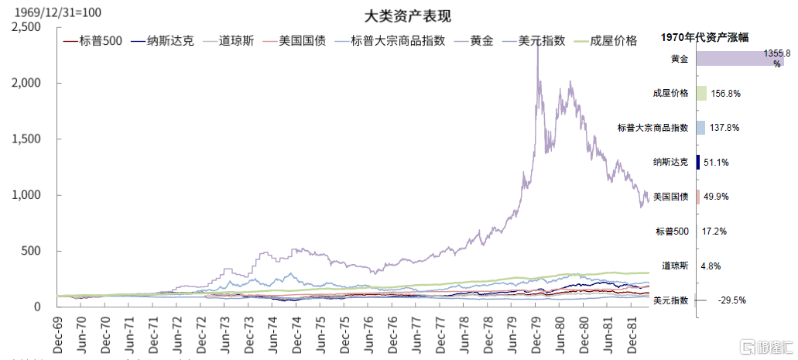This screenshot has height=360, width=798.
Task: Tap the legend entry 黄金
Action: pyautogui.click(x=481, y=41)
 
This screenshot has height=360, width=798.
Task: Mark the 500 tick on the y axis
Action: pyautogui.click(x=31, y=251)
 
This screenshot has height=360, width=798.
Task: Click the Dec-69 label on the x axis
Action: pyautogui.click(x=57, y=334)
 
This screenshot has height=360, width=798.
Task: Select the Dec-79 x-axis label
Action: pyautogui.click(x=536, y=334)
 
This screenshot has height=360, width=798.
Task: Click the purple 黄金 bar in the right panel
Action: pyautogui.click(x=739, y=59)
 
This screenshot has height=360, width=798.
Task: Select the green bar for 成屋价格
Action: pyautogui.click(x=701, y=94)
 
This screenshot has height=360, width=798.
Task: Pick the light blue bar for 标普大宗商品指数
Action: pyautogui.click(x=700, y=128)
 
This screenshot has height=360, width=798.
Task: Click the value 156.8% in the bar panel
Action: pyautogui.click(x=725, y=94)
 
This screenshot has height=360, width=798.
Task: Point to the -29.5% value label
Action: pyautogui.click(x=731, y=300)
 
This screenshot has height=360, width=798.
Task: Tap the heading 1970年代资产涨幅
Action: pyautogui.click(x=709, y=36)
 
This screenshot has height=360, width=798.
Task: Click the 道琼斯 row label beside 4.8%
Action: pyautogui.click(x=675, y=266)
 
